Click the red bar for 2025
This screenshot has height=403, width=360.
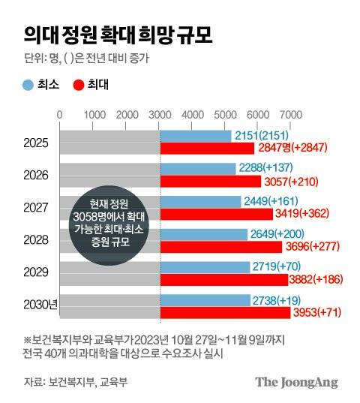pos(206,149)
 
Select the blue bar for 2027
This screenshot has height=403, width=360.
pos(200,200)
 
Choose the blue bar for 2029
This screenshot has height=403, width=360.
pos(205,266)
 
